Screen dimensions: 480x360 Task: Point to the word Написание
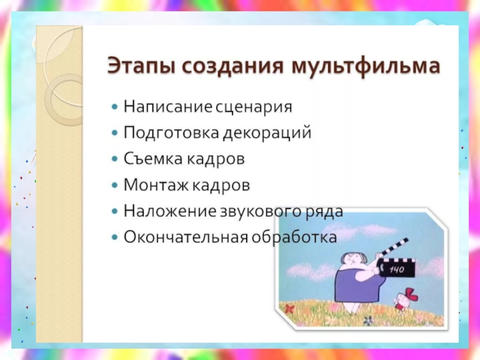(168, 107)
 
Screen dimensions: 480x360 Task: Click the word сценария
(254, 107)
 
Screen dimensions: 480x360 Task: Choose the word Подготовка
(172, 133)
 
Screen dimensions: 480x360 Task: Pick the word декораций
(267, 133)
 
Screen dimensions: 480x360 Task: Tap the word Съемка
(154, 159)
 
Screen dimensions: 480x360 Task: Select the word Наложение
(170, 211)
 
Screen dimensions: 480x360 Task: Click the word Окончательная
(186, 237)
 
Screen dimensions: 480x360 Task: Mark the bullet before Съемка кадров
(115, 159)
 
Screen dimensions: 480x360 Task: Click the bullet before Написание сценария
(115, 107)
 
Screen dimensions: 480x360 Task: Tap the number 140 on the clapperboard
(397, 269)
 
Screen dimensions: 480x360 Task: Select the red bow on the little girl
(410, 294)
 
